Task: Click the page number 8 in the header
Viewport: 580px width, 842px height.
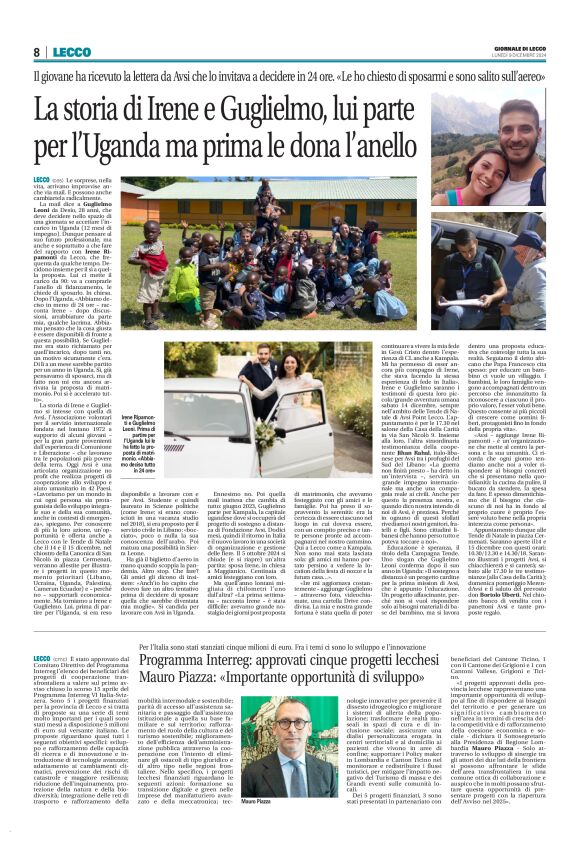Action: [x=36, y=52]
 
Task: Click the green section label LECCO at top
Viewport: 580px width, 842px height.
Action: [x=74, y=52]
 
